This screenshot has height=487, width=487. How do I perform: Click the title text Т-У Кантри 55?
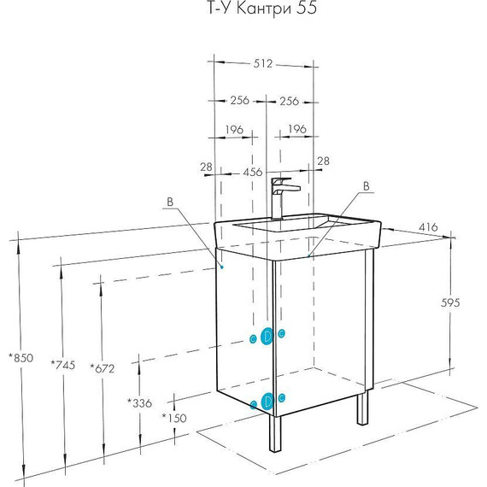(261, 8)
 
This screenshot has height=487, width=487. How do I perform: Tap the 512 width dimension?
(263, 63)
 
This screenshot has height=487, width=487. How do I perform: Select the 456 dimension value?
(253, 172)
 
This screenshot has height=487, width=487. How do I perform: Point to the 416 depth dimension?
(428, 227)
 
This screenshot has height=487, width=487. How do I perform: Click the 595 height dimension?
(450, 302)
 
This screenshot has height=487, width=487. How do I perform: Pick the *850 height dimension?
(21, 358)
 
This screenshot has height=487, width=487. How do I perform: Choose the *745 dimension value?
(63, 365)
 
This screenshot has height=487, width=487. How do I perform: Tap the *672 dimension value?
(103, 368)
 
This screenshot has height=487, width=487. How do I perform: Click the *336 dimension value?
(139, 403)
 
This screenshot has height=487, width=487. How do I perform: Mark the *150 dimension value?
(174, 418)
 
